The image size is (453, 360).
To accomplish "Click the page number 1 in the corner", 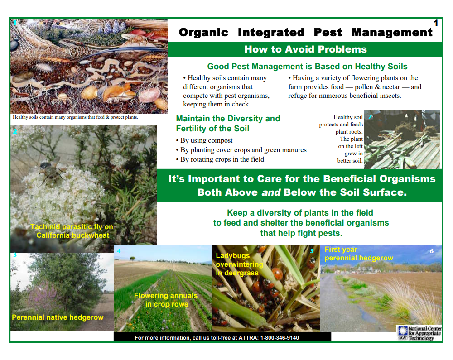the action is point(436,23).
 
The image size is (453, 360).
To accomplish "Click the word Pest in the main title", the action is point(328,32).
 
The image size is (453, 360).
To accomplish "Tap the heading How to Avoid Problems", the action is point(305,49).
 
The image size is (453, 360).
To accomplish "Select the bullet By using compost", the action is point(204,140).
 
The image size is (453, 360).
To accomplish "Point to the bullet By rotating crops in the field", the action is point(220,159).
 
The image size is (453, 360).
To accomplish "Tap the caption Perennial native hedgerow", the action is point(58,317).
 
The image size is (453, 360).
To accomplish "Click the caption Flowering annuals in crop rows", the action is point(166,300).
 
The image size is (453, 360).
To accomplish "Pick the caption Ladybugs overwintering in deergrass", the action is point(239,264).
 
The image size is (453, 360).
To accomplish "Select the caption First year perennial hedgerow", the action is point(358,254).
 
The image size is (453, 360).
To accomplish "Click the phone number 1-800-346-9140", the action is point(280,338).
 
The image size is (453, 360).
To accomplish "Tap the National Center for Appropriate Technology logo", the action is point(420,333).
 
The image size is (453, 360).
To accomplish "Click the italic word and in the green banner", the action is point(271,192).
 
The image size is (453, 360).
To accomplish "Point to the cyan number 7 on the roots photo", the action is point(370,117).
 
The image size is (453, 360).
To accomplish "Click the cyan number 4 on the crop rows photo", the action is point(118,251).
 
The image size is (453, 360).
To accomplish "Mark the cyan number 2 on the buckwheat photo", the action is point(15,132).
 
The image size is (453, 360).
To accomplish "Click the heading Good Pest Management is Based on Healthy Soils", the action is point(307,67).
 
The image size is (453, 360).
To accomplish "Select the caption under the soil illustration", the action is point(75,117).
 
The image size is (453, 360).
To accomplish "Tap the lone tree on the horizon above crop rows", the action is point(133,258).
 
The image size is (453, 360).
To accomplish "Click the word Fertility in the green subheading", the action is point(190,129).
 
